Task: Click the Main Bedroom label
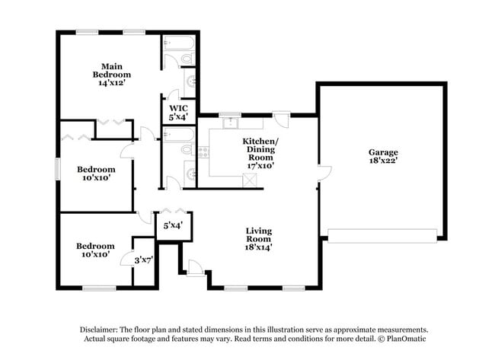point(112,70)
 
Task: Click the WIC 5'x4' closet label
point(178,113)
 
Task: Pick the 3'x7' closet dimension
point(143,260)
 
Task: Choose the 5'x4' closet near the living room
point(172,226)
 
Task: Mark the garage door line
point(382,235)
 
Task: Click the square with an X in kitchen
point(249,180)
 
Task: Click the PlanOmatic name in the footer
point(409,339)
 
